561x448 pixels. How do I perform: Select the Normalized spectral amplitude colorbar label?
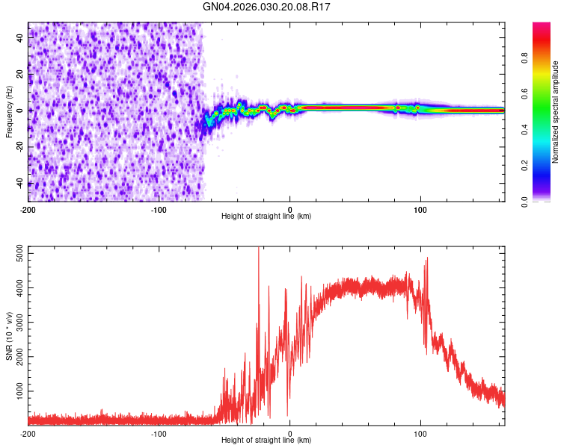556,112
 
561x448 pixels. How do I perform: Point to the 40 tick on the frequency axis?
20,38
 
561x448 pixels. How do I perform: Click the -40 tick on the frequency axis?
20,184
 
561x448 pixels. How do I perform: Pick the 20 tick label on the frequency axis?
20,75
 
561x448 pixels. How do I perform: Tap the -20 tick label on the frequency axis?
20,147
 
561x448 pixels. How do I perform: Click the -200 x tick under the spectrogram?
28,208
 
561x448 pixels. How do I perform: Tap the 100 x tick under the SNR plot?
420,432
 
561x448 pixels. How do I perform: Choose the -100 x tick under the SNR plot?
159,432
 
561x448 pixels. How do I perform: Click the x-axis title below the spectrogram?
266,216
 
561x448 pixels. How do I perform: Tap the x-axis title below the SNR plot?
266,440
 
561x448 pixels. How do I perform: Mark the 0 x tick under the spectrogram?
290,208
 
